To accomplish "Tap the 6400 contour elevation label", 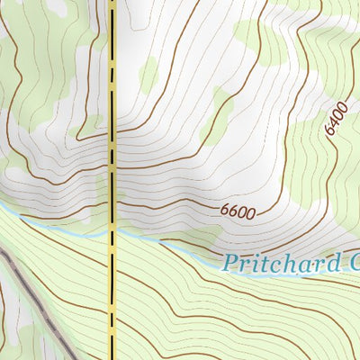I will [335, 118].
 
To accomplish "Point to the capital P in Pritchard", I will [232, 262].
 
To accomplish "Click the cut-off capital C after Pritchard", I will [352, 262].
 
